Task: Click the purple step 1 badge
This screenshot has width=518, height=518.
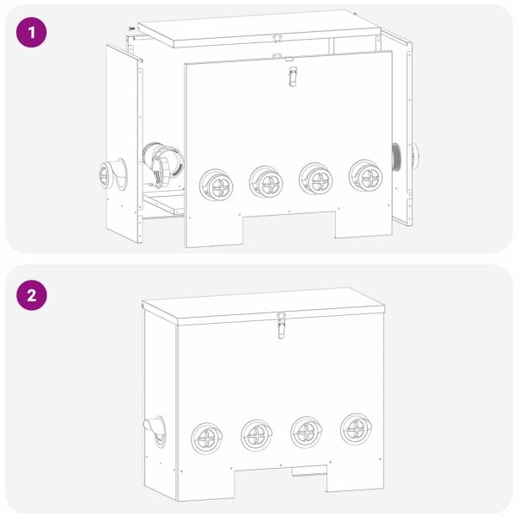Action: (x=32, y=34)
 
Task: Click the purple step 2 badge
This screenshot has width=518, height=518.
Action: (x=32, y=294)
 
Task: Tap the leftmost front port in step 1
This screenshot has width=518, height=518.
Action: (x=215, y=184)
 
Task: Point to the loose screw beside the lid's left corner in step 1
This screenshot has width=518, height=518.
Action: (x=130, y=28)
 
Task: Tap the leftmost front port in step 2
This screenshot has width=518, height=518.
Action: (x=206, y=438)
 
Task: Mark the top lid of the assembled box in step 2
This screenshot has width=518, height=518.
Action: (x=259, y=304)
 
